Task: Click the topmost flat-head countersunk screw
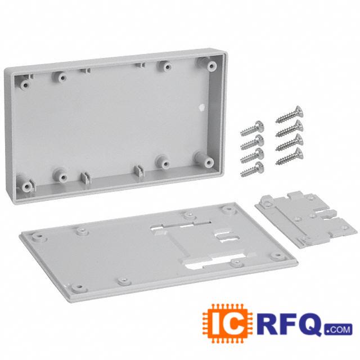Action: point(289,115)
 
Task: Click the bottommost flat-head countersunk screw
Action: point(289,156)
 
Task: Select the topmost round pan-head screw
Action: point(252,129)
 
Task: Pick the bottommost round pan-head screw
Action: point(252,169)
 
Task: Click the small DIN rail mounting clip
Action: point(307,219)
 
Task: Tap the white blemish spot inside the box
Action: point(201,107)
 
